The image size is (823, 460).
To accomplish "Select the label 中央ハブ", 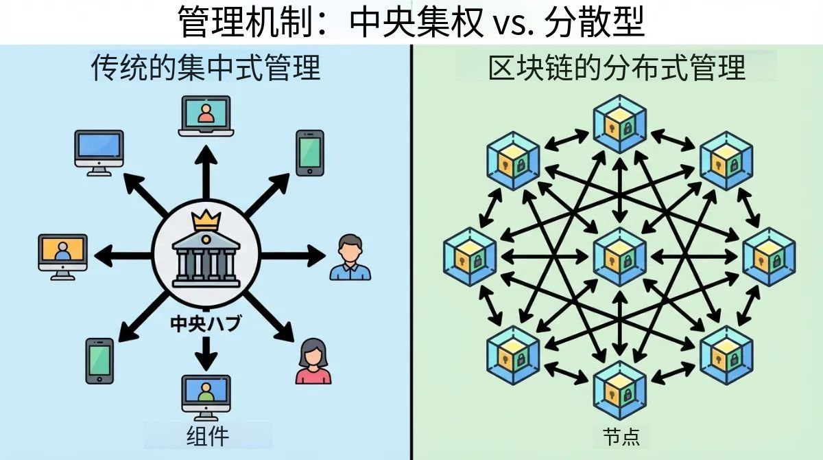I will tap(205, 323).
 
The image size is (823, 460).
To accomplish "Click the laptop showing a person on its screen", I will tap(206, 115).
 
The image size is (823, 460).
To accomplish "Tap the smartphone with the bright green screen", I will tap(310, 152).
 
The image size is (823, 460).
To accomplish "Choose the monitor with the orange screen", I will tap(62, 255).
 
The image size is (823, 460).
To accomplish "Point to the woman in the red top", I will tap(313, 361).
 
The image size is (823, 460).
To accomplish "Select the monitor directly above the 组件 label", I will tap(206, 396).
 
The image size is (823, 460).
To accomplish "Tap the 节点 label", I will tap(621, 437).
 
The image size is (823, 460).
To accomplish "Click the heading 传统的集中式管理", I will tap(205, 69).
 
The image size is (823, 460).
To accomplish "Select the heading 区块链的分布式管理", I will tap(617, 69).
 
